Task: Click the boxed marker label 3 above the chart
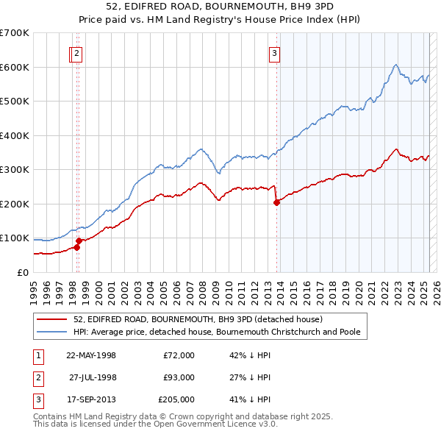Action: pyautogui.click(x=274, y=53)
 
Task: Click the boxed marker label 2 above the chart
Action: pyautogui.click(x=77, y=53)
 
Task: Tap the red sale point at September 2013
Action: pyautogui.click(x=276, y=202)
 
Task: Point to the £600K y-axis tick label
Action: pyautogui.click(x=15, y=67)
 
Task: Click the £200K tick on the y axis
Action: pyautogui.click(x=15, y=204)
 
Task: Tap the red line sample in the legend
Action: pyautogui.click(x=53, y=319)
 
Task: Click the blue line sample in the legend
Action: pyautogui.click(x=53, y=332)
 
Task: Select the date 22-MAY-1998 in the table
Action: pyautogui.click(x=91, y=355)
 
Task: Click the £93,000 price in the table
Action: pyautogui.click(x=179, y=377)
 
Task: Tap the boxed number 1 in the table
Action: pyautogui.click(x=36, y=355)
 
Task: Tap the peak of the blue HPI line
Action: pyautogui.click(x=395, y=65)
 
